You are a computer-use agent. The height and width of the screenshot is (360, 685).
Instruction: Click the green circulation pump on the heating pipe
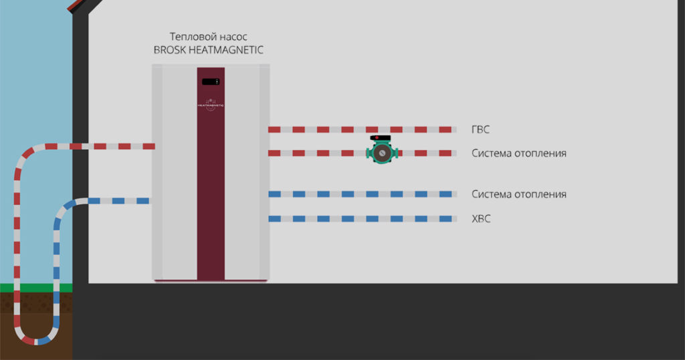coord(382,153)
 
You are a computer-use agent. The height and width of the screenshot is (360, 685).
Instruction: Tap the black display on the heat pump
coord(211,82)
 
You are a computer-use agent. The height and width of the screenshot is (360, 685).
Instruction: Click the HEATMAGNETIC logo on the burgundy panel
coord(211,105)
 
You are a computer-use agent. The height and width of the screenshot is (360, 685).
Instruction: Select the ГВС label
coord(480,129)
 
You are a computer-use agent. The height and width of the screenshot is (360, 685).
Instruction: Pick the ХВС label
coord(481,218)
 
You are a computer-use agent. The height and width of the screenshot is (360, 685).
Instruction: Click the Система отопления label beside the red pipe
coord(519,153)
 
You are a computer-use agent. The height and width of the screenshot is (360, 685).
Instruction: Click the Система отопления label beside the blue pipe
coord(519,194)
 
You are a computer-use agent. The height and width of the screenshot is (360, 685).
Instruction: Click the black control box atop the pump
coord(380,138)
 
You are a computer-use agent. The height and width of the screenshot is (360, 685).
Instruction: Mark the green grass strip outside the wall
coord(36,288)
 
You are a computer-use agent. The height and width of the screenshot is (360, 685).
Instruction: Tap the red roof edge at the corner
coord(76,5)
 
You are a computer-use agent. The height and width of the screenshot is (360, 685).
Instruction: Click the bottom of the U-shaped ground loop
coord(36,341)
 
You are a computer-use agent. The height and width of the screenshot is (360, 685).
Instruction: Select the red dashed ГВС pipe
coord(362,129)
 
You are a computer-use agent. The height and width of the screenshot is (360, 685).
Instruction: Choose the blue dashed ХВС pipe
coord(362,218)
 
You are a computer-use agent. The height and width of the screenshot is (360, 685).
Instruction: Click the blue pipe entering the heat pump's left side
coord(118,201)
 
